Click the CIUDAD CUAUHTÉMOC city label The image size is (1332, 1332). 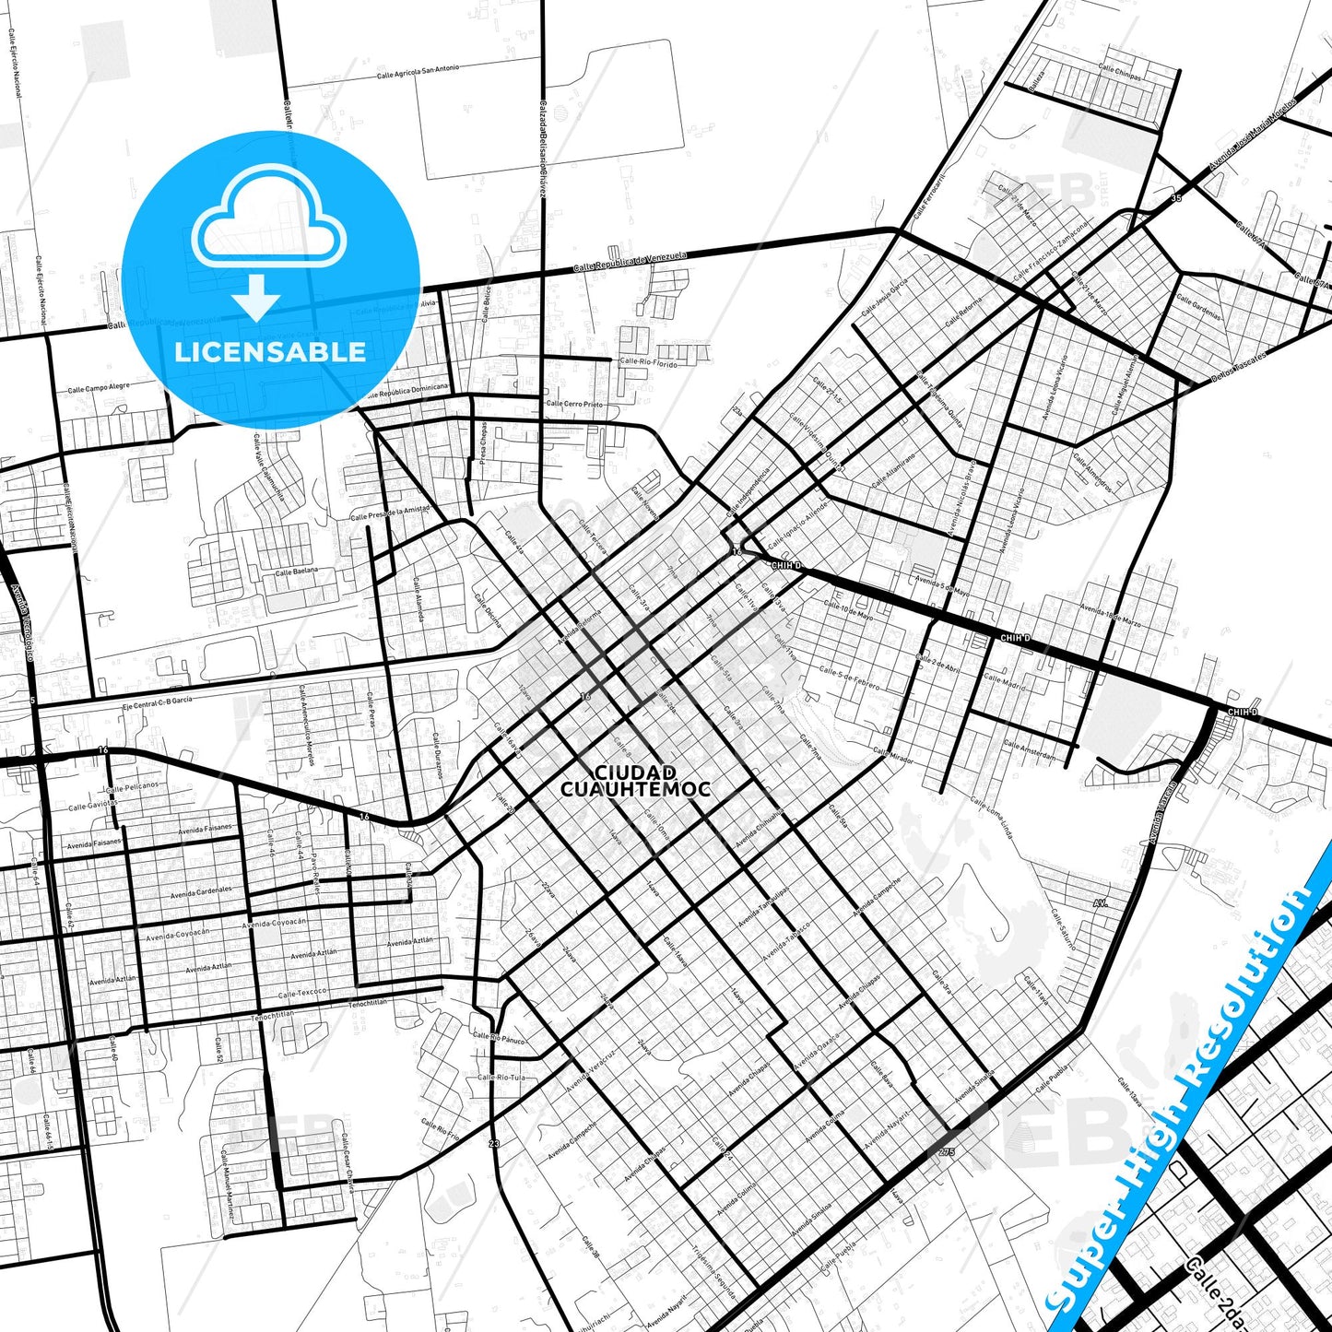pyautogui.click(x=635, y=780)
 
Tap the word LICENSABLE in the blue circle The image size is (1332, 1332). pyautogui.click(x=270, y=352)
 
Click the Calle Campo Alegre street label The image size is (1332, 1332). pyautogui.click(x=98, y=388)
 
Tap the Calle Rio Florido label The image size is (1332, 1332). pyautogui.click(x=648, y=363)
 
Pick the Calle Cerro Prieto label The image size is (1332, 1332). pyautogui.click(x=574, y=404)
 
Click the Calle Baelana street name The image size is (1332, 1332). pyautogui.click(x=296, y=572)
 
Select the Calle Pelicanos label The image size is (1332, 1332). pyautogui.click(x=132, y=787)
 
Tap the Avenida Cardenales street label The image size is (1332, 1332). pyautogui.click(x=200, y=891)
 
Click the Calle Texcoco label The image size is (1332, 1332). pyautogui.click(x=302, y=994)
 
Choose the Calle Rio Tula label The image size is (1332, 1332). pyautogui.click(x=501, y=1077)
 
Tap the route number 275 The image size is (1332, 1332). pyautogui.click(x=947, y=1152)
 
